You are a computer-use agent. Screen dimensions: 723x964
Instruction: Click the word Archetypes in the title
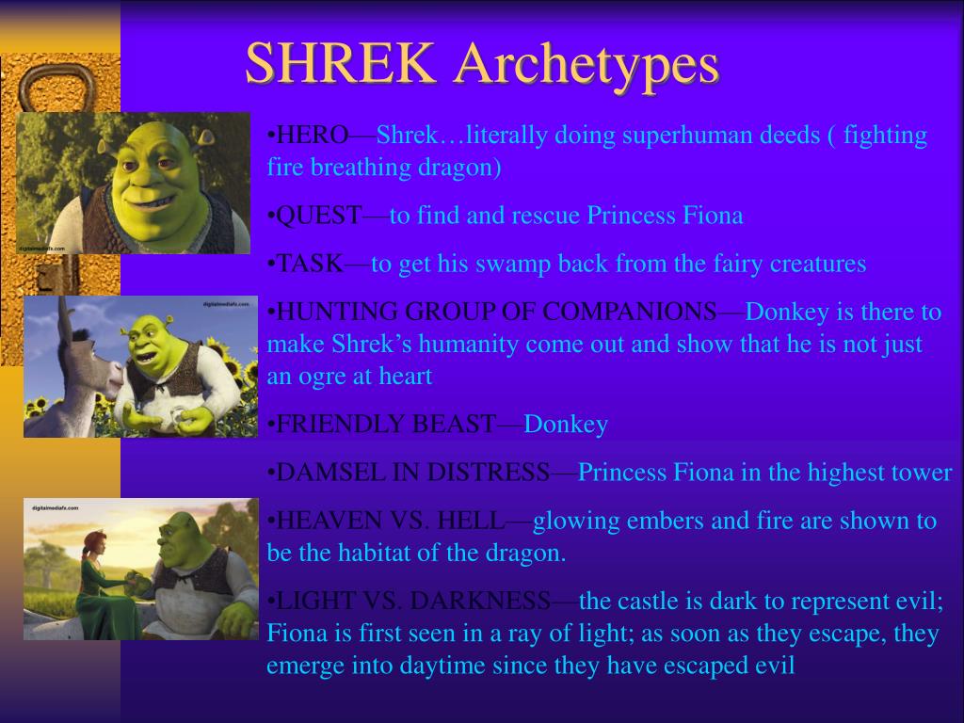coord(586,64)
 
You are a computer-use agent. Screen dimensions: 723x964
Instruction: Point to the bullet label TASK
coord(310,264)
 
